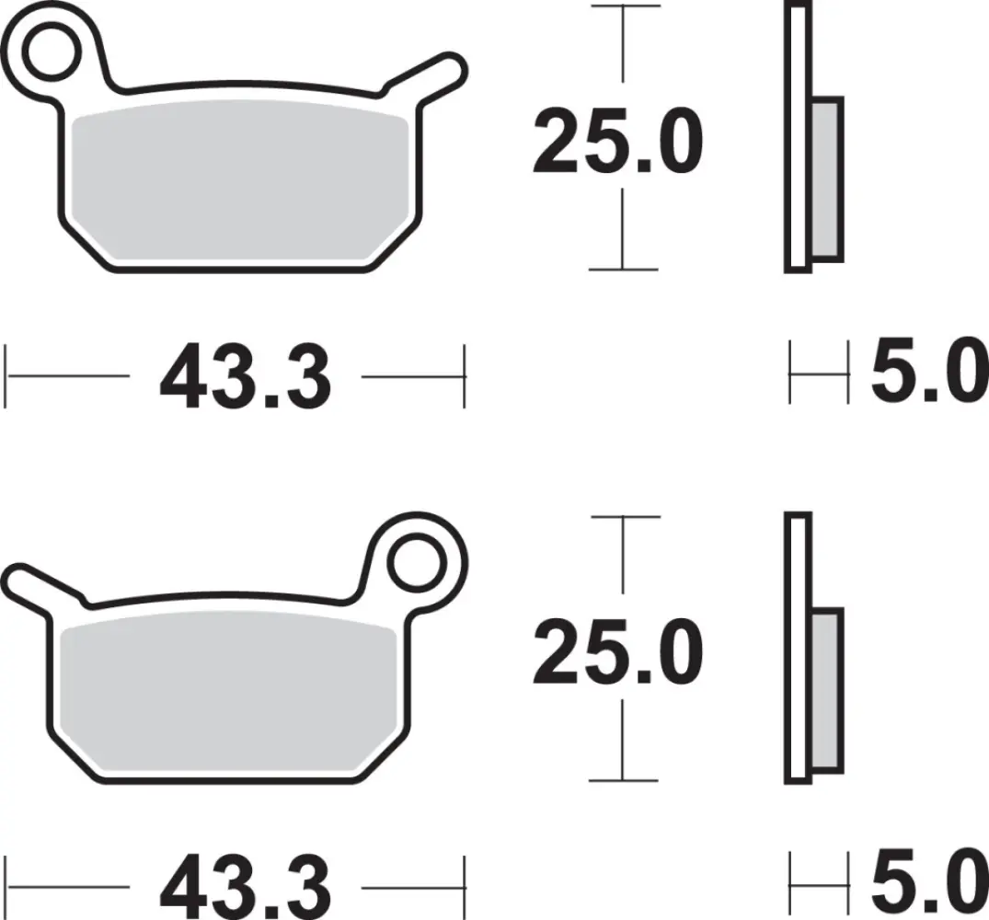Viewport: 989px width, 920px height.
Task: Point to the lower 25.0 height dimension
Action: point(617,654)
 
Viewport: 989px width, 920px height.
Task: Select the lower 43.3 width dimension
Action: point(245,888)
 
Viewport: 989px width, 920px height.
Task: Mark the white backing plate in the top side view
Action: point(797,138)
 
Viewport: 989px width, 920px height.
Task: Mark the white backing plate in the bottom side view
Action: point(797,649)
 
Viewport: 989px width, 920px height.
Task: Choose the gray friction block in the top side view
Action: point(826,179)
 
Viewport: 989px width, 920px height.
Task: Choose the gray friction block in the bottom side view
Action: point(826,690)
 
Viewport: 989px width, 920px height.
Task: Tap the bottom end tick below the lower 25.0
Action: point(625,779)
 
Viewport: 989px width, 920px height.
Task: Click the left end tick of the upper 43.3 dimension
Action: point(7,376)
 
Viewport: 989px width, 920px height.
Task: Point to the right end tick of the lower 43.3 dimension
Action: point(465,886)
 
